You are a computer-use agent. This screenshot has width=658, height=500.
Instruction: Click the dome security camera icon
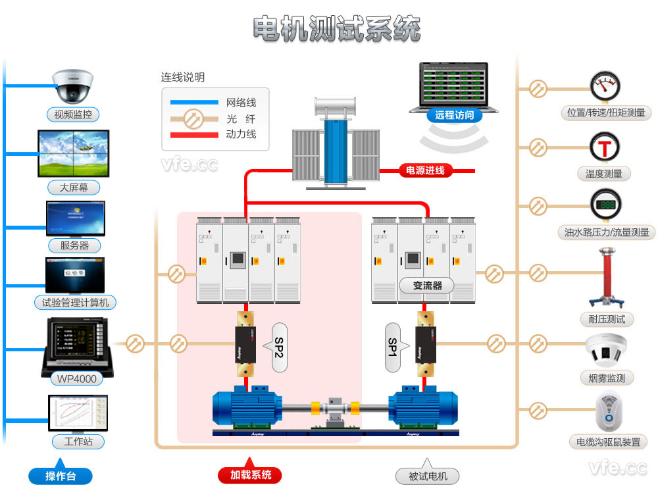click(x=73, y=85)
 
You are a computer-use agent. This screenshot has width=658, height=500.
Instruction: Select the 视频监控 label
click(x=73, y=114)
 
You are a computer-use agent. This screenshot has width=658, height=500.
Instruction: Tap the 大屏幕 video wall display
click(x=73, y=153)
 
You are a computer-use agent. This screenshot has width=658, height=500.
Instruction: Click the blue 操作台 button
click(x=60, y=476)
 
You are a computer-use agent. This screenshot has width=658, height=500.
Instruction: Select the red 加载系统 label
click(x=250, y=475)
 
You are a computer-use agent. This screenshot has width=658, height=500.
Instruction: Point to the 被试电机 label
click(x=428, y=476)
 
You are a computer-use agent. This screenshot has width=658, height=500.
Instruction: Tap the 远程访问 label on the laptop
click(x=454, y=115)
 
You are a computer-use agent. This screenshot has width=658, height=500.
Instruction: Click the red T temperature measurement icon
click(x=605, y=146)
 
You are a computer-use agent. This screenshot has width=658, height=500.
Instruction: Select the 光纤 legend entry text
click(x=241, y=119)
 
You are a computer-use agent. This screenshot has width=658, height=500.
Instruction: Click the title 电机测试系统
click(x=336, y=29)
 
